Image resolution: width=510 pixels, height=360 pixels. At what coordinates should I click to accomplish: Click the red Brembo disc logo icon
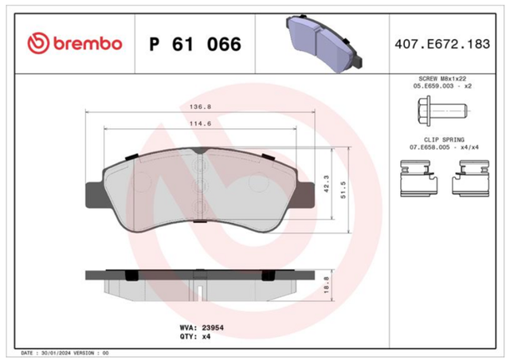tap(38, 43)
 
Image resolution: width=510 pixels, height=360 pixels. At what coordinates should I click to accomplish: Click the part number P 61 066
tap(195, 45)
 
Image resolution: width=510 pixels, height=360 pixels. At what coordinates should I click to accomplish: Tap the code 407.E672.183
tap(442, 44)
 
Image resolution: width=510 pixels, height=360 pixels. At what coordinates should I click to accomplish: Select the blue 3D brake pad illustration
tap(324, 42)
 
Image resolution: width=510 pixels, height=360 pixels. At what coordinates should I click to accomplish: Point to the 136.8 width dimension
tap(200, 107)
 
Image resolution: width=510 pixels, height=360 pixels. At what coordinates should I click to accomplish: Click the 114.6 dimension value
tap(200, 123)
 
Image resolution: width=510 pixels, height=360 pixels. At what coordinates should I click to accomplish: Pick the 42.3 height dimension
tap(327, 183)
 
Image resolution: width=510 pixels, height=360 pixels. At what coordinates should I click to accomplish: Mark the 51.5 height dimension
tap(343, 190)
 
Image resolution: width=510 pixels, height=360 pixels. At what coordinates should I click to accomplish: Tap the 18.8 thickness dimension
tap(327, 285)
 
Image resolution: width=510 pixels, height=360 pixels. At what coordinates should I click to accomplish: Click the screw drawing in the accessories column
tap(442, 111)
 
